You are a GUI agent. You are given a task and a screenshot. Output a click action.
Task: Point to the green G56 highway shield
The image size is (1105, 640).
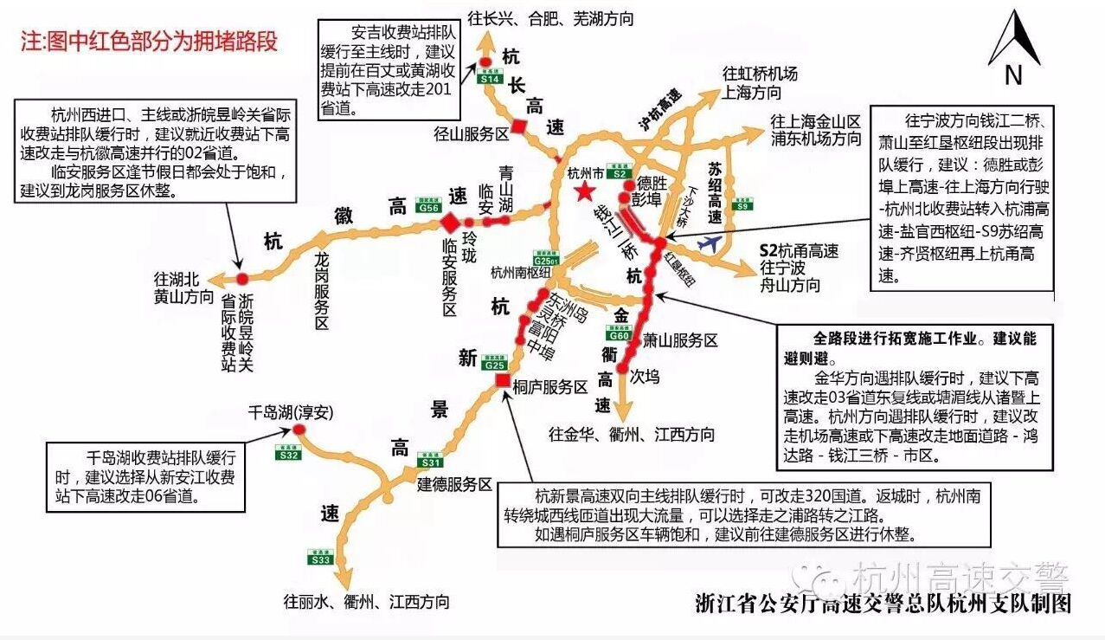[x=428, y=207]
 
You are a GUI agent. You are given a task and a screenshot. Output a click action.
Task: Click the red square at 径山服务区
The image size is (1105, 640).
[x=518, y=126]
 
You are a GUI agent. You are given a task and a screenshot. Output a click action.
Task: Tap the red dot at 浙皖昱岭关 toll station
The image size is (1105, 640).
[x=242, y=277]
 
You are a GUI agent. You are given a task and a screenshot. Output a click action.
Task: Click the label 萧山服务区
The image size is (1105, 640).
[x=679, y=340]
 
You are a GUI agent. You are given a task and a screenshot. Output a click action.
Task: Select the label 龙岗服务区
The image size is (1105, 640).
[x=321, y=291]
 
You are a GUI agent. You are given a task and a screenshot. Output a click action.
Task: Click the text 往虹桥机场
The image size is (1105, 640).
[x=760, y=74]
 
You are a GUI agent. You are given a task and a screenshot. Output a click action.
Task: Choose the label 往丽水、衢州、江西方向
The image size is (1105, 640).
[x=366, y=601]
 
